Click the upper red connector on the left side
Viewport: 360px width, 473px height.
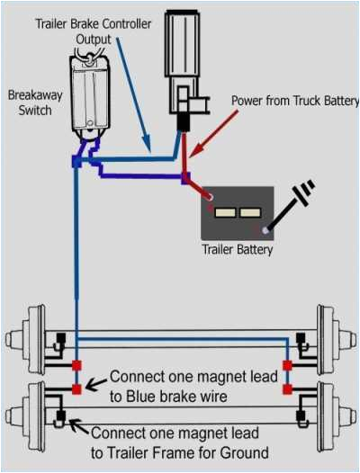(77, 366)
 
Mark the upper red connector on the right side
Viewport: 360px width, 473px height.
(287, 366)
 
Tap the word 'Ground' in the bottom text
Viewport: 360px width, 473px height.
(247, 451)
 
